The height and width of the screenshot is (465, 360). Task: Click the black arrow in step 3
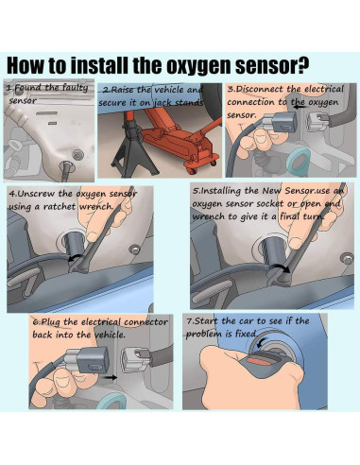[x=300, y=107]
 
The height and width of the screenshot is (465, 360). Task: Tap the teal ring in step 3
[x=298, y=162]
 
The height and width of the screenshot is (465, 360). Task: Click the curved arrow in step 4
[x=75, y=258]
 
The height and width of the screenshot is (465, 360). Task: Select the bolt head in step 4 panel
[x=134, y=250]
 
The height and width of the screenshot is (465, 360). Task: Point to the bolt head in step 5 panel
[x=347, y=258]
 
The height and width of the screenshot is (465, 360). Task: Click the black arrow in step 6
[x=111, y=377]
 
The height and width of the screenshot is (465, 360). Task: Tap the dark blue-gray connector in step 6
[x=94, y=360]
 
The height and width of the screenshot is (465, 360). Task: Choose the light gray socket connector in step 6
[x=135, y=359]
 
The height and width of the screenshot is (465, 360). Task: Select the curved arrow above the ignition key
[x=261, y=343]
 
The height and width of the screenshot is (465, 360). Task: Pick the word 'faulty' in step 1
[x=75, y=88]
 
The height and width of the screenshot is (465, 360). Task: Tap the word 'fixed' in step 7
[x=246, y=333]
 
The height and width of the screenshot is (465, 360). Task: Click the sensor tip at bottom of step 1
[x=67, y=170]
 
